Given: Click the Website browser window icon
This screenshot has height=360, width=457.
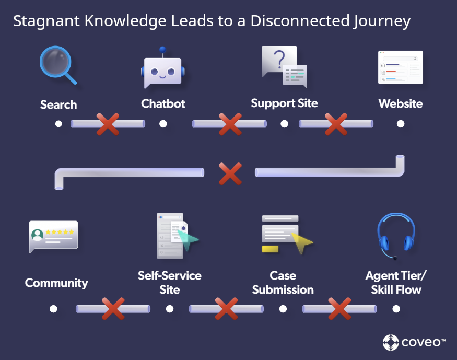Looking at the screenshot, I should coord(400,67).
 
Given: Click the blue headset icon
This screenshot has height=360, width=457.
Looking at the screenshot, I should coord(396,235).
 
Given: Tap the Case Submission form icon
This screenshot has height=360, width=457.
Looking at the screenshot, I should coord(285,234).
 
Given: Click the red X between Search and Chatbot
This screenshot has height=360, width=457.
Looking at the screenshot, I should coord(108,124).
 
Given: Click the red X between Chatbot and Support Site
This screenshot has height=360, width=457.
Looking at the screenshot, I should coord(229,124).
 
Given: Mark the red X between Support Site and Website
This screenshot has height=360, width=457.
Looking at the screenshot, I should coord(336,124).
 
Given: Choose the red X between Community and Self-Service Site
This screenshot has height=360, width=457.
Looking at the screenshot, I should coord(113,309).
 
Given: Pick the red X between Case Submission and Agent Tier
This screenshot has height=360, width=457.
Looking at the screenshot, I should coord(339,309).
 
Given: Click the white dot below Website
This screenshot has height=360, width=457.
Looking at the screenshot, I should coord(401,124).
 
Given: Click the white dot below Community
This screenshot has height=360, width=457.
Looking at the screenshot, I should coord(53,309).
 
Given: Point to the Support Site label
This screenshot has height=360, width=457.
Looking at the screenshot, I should coord(284,103).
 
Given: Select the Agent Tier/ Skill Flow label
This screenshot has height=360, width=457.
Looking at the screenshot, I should coord(396,282).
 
